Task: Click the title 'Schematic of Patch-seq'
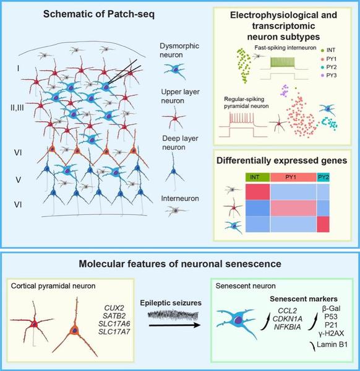pos(99,14)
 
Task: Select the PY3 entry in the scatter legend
pos(328,76)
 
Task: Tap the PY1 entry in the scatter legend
pos(328,59)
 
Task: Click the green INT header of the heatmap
pos(258,177)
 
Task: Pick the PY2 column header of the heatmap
pos(323,177)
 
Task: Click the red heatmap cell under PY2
pos(323,224)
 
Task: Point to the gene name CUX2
pos(114,308)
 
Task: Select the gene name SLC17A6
pos(114,324)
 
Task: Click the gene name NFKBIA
pos(288,327)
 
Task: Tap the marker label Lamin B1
pos(332,344)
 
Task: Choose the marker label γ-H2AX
pos(331,333)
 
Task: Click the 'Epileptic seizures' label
pos(171,303)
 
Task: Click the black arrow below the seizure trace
pos(174,326)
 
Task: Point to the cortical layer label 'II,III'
pos(17,108)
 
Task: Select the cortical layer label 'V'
pos(18,180)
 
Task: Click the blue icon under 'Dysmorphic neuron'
pos(175,70)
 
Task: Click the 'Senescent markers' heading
pos(304,299)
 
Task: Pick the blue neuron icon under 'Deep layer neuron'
pos(174,172)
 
